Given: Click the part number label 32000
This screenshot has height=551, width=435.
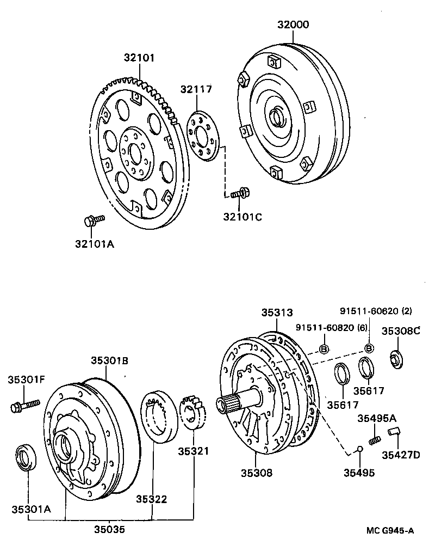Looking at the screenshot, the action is (293, 25).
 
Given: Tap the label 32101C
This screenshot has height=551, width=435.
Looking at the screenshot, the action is (243, 217).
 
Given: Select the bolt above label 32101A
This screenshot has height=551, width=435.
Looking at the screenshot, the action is (95, 221).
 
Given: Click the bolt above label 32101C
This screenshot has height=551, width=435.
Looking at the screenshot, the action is (240, 193).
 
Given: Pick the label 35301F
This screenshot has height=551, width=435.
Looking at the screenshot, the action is (26, 379).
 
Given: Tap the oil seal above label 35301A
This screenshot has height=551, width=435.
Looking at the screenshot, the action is (26, 457).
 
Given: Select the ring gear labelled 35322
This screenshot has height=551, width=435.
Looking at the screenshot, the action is (160, 417).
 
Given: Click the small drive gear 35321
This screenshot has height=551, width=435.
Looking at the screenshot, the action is (193, 412).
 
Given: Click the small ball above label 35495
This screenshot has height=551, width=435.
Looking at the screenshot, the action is (359, 449).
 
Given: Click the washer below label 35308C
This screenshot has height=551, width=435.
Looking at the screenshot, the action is (397, 360).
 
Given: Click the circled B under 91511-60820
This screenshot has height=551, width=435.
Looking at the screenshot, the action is (324, 349).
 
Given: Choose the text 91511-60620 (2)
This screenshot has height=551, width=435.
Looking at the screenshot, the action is (375, 311).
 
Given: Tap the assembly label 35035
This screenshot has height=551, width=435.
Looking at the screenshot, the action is (109, 529).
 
